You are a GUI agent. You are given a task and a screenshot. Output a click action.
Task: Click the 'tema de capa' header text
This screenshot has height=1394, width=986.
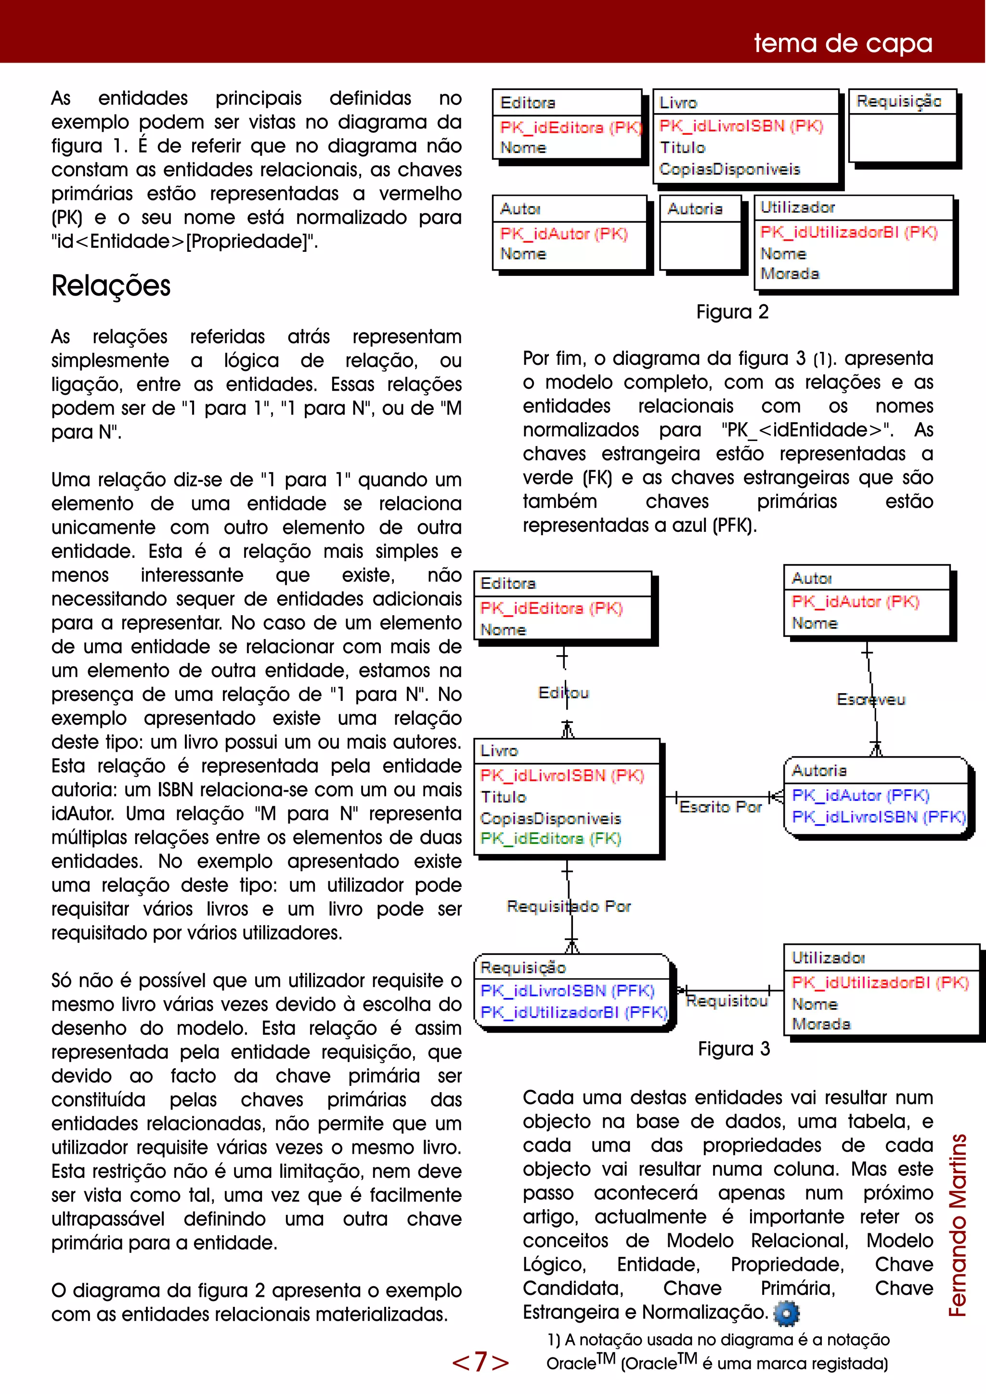tap(843, 43)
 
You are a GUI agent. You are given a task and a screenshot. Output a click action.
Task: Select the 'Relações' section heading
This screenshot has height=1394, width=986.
tap(111, 285)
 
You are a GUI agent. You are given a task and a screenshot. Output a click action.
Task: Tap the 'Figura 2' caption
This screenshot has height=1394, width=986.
tap(732, 311)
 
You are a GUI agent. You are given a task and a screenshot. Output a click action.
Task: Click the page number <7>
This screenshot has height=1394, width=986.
tap(480, 1362)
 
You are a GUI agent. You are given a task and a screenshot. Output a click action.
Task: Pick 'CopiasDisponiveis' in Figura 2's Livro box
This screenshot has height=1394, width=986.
tap(729, 169)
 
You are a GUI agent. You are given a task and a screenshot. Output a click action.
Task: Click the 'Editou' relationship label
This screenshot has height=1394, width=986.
tap(563, 693)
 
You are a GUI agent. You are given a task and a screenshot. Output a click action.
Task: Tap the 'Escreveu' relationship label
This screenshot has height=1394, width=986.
tap(870, 699)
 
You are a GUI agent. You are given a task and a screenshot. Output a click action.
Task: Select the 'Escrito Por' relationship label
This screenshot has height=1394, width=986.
tap(720, 807)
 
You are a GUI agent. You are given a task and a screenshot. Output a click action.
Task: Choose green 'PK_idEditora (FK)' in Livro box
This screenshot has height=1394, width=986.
tap(550, 839)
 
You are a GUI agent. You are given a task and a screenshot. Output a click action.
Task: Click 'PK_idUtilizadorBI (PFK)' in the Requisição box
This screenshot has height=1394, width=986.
tap(573, 1012)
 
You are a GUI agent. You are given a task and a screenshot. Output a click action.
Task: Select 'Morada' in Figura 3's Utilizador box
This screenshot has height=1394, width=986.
tap(821, 1024)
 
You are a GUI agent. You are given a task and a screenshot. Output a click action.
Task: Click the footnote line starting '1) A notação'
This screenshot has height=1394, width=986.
tap(718, 1340)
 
